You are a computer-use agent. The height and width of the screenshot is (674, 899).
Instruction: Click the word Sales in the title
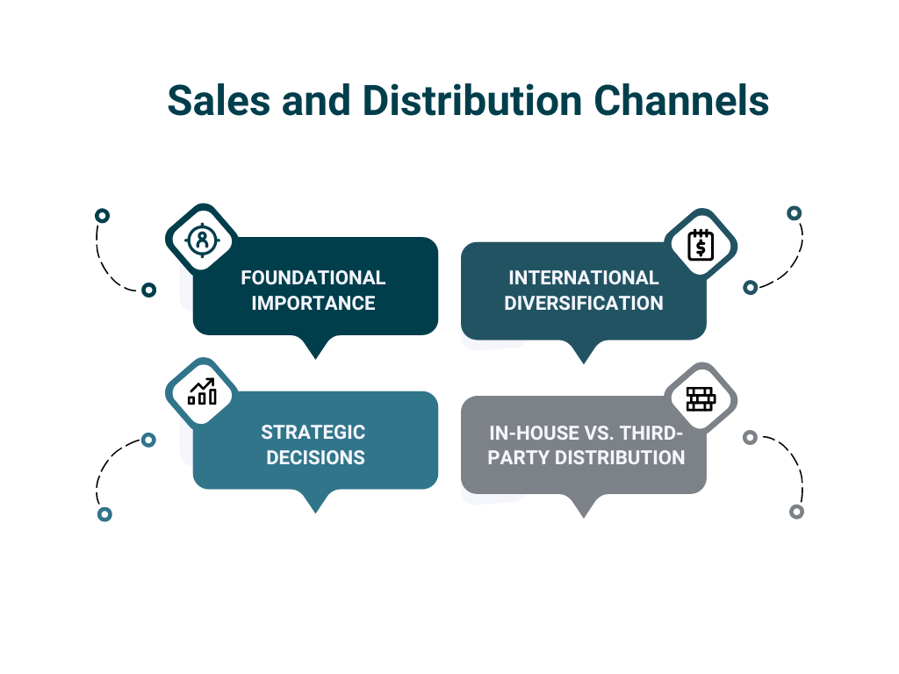(219, 100)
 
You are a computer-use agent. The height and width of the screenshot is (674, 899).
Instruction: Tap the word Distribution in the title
(472, 100)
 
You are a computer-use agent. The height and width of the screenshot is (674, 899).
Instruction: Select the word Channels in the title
(681, 100)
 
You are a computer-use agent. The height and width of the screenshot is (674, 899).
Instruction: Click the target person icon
(202, 240)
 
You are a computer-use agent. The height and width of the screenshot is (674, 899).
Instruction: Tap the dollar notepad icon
(701, 245)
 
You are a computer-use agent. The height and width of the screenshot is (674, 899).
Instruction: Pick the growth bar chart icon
(203, 391)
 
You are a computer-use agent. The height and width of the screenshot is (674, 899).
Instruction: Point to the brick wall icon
(701, 399)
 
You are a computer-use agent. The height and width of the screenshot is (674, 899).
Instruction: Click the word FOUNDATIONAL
(313, 278)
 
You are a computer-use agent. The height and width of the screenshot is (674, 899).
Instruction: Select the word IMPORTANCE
(313, 303)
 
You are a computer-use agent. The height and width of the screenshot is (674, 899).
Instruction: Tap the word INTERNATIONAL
(584, 278)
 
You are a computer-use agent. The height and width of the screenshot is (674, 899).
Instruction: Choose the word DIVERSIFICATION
(584, 303)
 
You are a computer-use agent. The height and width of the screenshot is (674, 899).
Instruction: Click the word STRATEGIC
(313, 432)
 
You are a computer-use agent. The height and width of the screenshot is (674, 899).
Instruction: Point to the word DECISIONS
(315, 457)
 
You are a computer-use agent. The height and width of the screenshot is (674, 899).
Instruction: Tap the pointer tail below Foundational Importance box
(315, 347)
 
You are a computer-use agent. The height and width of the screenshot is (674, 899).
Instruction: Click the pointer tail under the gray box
(584, 505)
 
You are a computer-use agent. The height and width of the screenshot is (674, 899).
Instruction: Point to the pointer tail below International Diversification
(584, 351)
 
